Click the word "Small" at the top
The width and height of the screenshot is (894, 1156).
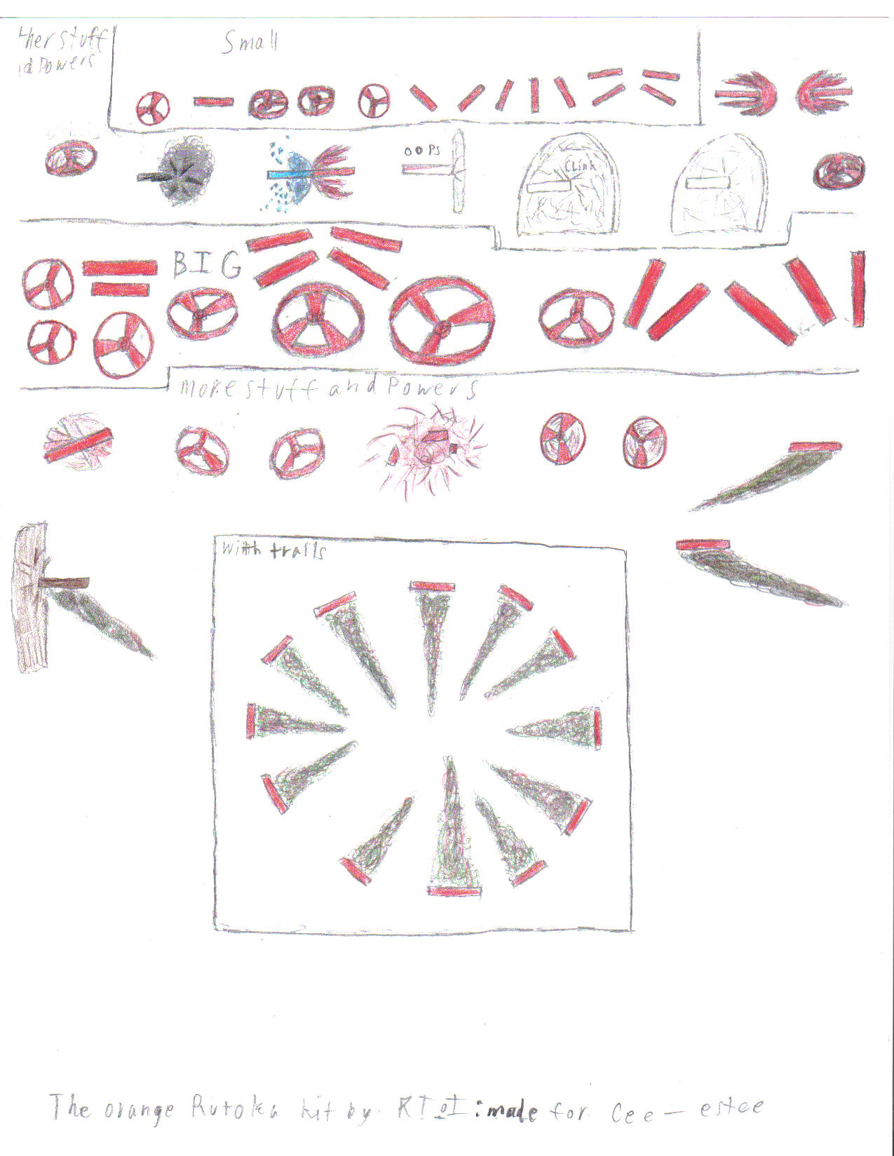(250, 43)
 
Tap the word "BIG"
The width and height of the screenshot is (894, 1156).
(207, 265)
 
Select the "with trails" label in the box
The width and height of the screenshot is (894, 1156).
(273, 550)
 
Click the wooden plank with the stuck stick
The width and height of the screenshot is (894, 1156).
(32, 596)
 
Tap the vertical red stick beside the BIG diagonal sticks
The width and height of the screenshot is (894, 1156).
(858, 289)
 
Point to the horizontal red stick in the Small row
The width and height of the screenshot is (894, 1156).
(213, 102)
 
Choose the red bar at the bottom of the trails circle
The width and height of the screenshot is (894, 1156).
(454, 891)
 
